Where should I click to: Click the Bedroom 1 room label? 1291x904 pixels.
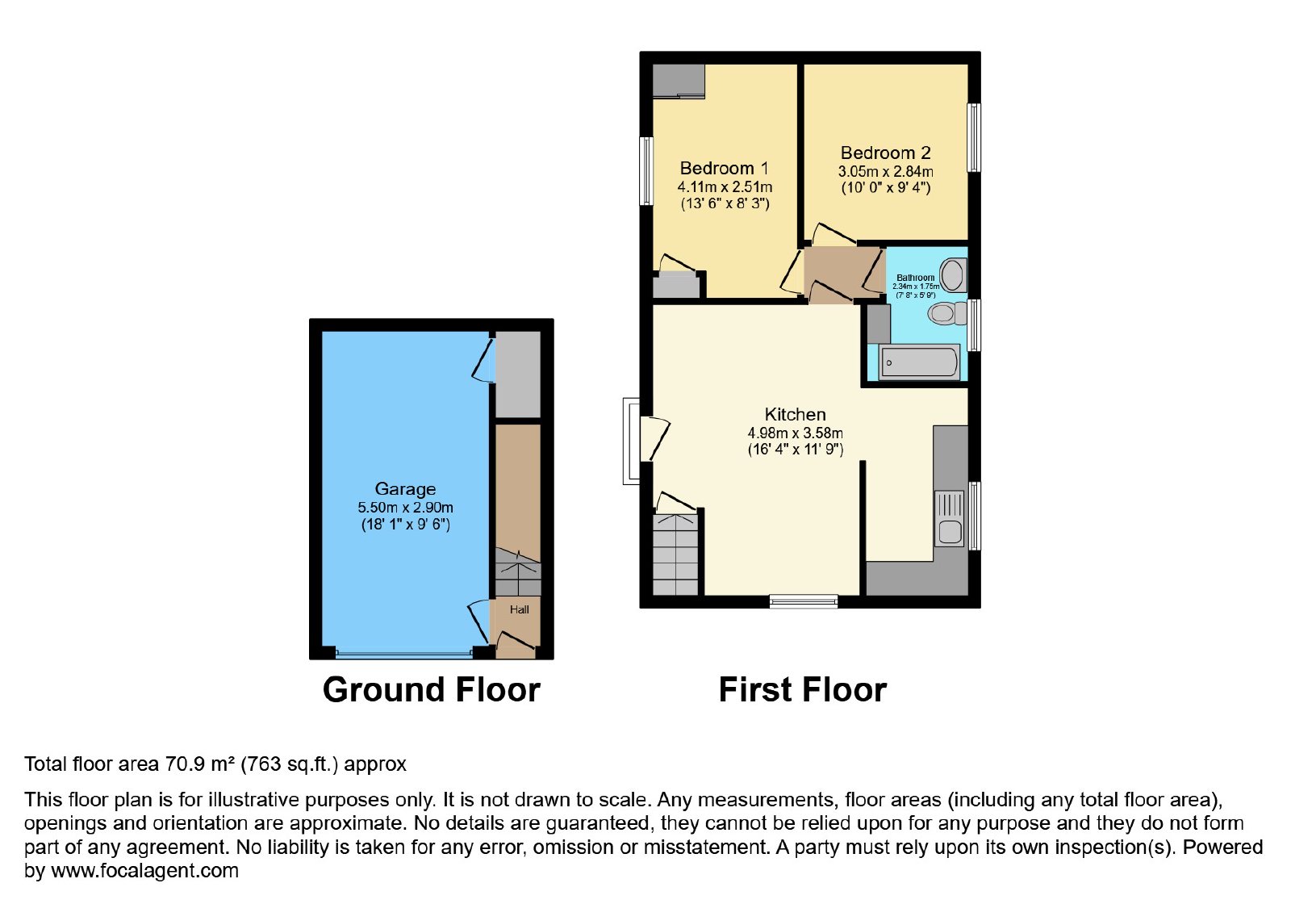tap(724, 169)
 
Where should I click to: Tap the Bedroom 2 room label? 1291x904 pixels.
tap(886, 153)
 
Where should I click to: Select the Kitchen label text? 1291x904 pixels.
tap(796, 415)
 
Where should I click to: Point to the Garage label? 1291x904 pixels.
tap(405, 489)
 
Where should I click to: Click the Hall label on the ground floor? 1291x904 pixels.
tap(520, 609)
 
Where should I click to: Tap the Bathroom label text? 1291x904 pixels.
tap(915, 278)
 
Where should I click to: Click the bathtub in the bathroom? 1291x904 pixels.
tap(919, 362)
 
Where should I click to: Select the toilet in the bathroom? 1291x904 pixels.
tap(947, 313)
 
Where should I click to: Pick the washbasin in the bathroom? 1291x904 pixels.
tap(953, 275)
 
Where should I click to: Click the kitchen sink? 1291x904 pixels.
tap(949, 518)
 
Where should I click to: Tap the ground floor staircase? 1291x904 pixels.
tap(518, 572)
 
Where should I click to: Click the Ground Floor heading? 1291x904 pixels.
tap(432, 689)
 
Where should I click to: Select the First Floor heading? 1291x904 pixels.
tap(803, 689)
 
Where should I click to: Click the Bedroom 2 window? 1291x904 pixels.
tap(974, 138)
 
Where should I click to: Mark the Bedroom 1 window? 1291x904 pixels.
tap(646, 170)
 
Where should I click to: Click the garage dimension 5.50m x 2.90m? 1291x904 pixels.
tap(405, 508)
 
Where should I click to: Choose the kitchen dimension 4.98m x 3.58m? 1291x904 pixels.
tap(796, 433)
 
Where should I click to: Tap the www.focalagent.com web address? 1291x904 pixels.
tap(144, 870)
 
